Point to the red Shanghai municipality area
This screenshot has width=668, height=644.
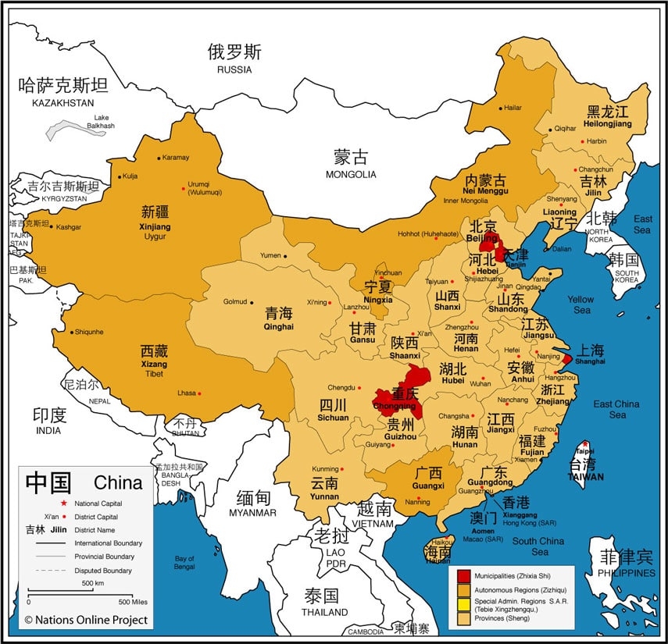tap(567, 360)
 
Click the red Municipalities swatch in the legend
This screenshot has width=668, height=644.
tap(463, 576)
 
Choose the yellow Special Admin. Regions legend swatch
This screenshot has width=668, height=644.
tap(463, 603)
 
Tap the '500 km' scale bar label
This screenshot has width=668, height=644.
tap(93, 583)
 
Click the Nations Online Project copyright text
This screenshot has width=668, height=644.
tap(85, 620)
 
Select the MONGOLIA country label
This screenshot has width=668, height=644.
tap(351, 174)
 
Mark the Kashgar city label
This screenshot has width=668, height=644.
tap(69, 226)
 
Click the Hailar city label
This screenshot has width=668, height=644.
tap(513, 108)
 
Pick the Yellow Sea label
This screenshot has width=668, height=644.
tap(580, 304)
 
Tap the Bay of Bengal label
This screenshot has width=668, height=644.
tap(184, 562)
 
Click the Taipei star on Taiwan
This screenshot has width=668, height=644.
tap(584, 444)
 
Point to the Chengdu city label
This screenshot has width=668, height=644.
tap(341, 387)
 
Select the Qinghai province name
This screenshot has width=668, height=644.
tap(279, 327)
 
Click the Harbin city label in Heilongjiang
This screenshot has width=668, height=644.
tap(596, 141)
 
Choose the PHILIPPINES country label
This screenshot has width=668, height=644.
tap(627, 573)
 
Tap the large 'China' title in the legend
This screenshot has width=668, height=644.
tap(118, 482)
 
